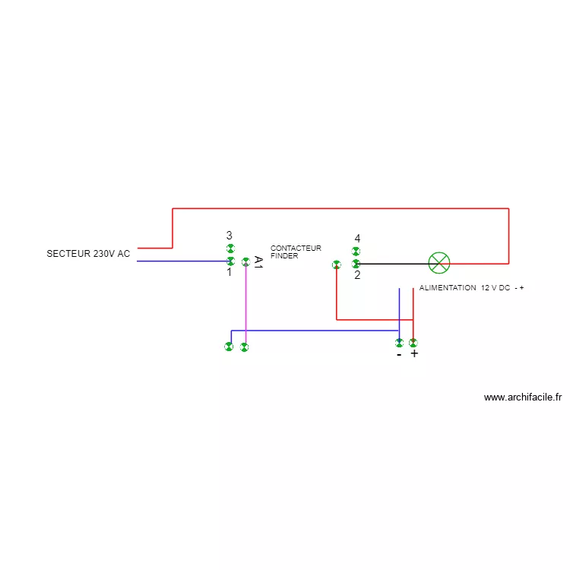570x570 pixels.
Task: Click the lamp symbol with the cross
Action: [x=439, y=263]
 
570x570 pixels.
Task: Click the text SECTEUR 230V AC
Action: [x=88, y=254]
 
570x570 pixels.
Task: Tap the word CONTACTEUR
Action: [x=296, y=249]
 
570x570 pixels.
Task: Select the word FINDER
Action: [x=284, y=256]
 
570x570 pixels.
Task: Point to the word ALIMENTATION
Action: [x=448, y=289]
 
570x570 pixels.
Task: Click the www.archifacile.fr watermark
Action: [x=522, y=397]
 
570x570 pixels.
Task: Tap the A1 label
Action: [x=258, y=263]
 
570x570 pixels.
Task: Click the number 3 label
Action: [x=229, y=236]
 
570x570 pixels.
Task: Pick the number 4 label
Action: [x=357, y=239]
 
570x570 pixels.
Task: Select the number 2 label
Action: [x=357, y=275]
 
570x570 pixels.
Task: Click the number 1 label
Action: [x=229, y=272]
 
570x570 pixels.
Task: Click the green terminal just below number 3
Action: [x=230, y=249]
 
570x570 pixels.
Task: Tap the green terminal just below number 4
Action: [x=356, y=252]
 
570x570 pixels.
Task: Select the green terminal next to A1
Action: [x=245, y=262]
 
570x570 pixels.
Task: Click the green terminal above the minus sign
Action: [x=399, y=344]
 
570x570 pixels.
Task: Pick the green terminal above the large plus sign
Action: [x=413, y=343]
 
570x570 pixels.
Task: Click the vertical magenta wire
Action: [x=245, y=304]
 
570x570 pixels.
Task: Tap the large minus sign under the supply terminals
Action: [x=399, y=355]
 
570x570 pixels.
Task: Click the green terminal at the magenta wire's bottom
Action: [x=244, y=347]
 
